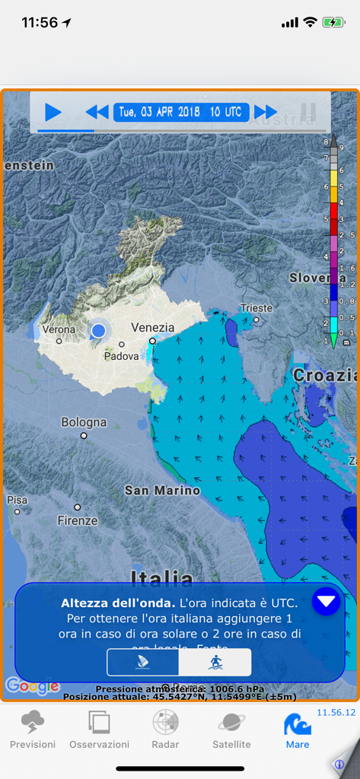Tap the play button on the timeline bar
point(53,112)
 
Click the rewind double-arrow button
point(97,113)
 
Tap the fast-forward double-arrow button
point(266,113)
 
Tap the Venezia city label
point(152,328)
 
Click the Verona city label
point(59,329)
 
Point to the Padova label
point(122,355)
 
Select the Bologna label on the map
point(84,422)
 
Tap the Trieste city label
point(256,308)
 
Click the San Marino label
point(162,491)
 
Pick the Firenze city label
point(78,521)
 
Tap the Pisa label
point(17,500)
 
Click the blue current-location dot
point(98,331)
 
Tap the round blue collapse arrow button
point(326,602)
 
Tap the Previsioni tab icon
point(33,723)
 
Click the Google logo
point(32,686)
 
